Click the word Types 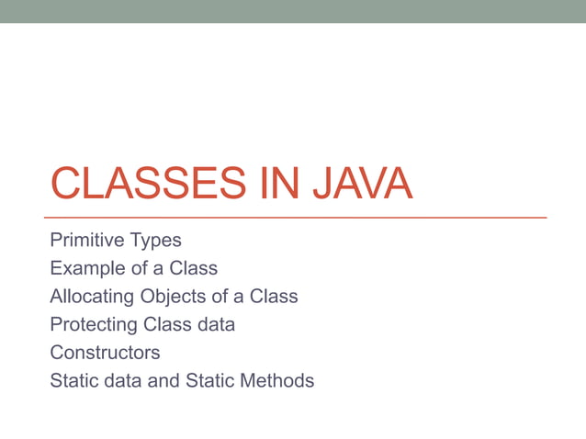(155, 242)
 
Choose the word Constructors (105, 352)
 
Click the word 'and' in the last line (163, 379)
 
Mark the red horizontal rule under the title (298, 218)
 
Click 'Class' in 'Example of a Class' (193, 269)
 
